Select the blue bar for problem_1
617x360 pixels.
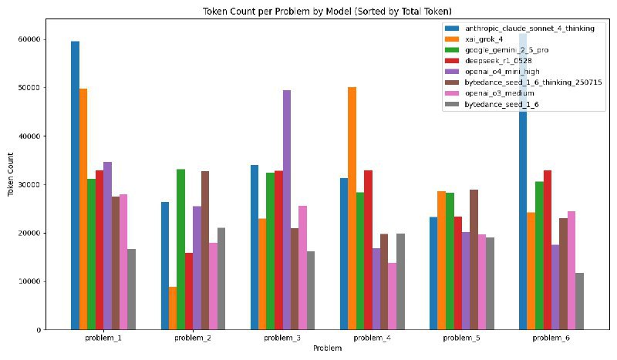tap(75, 185)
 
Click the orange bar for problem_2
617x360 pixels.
tap(173, 308)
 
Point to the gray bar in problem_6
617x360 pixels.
tap(579, 301)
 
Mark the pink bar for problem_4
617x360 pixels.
tap(392, 296)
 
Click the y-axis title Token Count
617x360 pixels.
tap(10, 185)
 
